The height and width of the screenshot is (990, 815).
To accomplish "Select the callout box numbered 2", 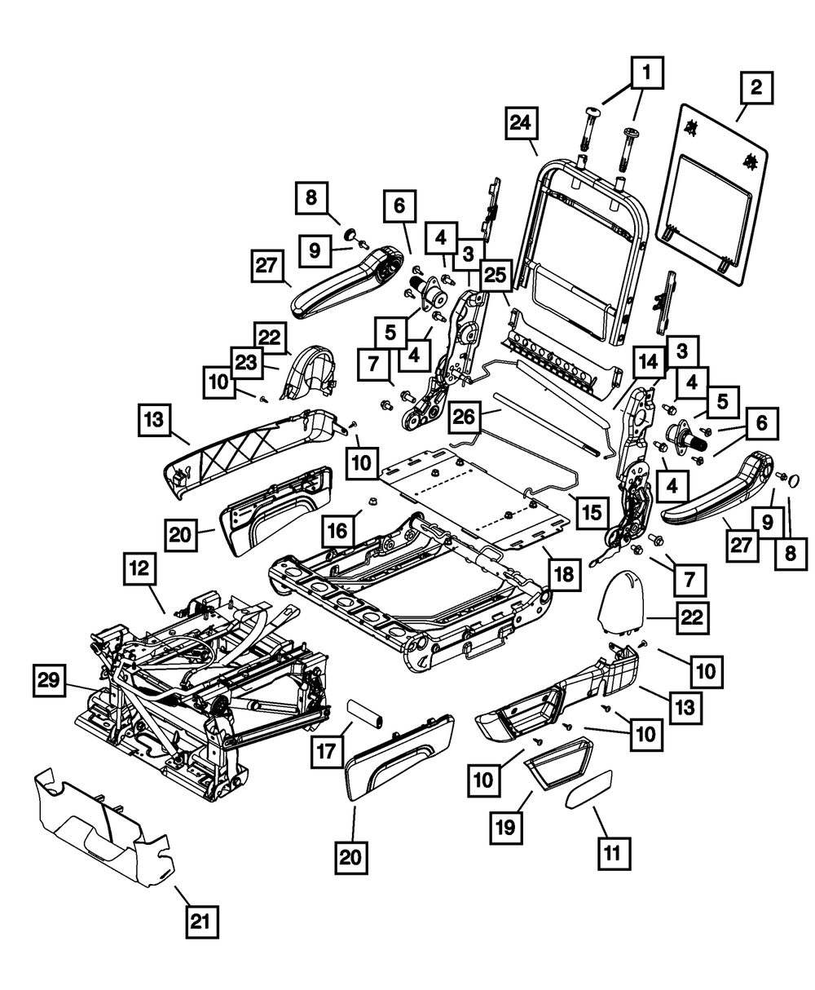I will coord(757,87).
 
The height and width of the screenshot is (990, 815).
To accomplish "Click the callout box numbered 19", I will coord(506,825).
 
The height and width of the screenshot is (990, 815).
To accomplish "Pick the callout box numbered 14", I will coord(650,362).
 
